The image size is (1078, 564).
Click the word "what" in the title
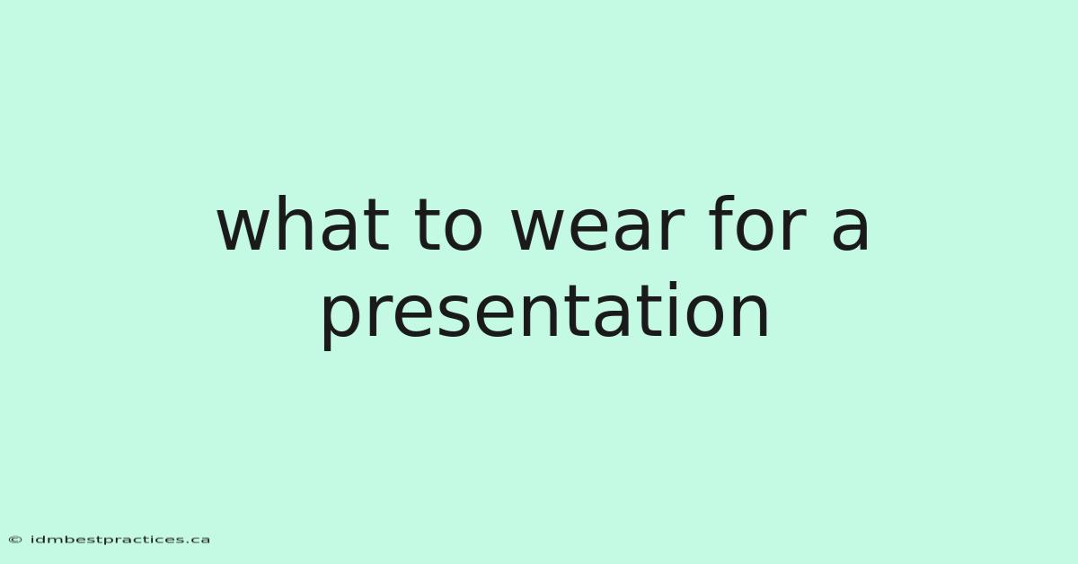pos(303,224)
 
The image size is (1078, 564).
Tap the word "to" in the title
pos(448,227)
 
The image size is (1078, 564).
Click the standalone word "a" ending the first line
pos(851,231)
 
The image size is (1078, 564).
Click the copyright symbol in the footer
pos(15,540)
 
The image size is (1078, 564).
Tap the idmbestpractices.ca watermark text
pos(119,540)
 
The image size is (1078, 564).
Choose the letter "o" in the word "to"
pos(463,231)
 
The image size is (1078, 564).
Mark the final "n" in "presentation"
pos(751,316)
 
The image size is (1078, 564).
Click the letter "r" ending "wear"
pos(672,231)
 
